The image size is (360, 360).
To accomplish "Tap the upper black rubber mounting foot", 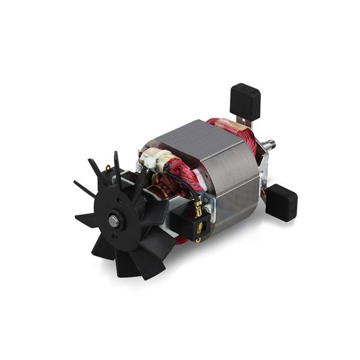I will click(245, 100).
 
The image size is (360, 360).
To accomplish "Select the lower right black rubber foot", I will click(281, 202).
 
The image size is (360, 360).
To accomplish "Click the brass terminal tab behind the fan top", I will click(108, 169).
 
